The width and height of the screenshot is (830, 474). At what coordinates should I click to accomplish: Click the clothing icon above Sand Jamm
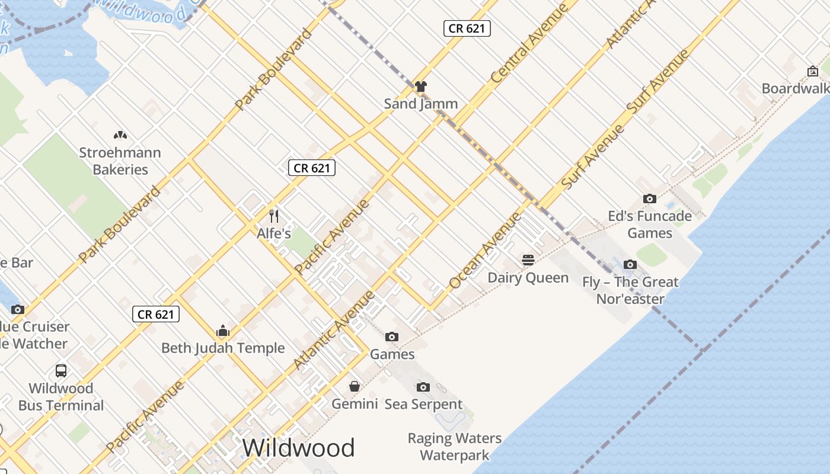click(421, 87)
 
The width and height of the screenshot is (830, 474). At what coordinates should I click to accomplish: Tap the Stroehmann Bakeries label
click(120, 161)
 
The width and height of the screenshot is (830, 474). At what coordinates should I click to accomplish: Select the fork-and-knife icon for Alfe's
click(273, 216)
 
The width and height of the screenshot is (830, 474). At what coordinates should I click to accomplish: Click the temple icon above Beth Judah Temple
click(223, 331)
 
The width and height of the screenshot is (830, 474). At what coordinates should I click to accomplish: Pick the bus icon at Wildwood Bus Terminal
click(61, 371)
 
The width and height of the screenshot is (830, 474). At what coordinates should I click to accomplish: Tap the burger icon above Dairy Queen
click(528, 260)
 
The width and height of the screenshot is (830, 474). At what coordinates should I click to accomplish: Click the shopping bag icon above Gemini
click(355, 386)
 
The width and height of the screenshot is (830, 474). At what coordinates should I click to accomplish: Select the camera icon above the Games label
click(392, 337)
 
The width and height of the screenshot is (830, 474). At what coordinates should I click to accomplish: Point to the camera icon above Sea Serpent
click(423, 387)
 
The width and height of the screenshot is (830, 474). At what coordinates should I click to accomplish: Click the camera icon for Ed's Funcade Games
click(650, 199)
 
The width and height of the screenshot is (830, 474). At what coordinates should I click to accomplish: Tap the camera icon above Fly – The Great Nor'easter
click(630, 264)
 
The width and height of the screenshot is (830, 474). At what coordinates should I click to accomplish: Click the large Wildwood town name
click(298, 447)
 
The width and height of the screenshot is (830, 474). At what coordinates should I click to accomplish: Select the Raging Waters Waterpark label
click(455, 447)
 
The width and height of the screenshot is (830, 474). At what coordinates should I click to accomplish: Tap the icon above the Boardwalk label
click(813, 71)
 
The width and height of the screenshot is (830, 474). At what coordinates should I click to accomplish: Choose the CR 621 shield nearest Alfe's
click(312, 168)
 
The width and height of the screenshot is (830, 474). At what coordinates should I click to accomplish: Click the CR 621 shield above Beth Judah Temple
click(155, 314)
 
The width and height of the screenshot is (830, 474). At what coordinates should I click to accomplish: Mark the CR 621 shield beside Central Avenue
click(467, 28)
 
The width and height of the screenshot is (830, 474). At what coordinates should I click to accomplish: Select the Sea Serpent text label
click(423, 404)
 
